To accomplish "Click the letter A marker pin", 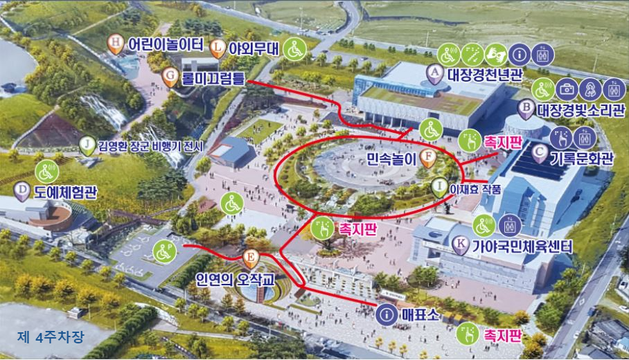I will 434,73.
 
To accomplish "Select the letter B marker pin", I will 526,109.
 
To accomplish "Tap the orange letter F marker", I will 429,156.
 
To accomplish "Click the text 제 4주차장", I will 51,338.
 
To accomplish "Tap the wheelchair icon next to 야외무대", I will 294,49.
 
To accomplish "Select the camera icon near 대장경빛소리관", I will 567,89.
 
